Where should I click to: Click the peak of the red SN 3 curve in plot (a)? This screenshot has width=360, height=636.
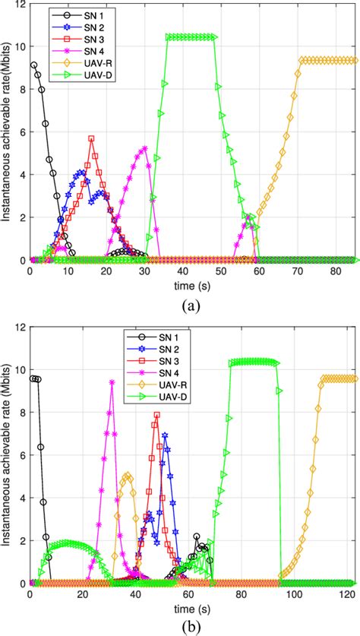pyautogui.click(x=91, y=138)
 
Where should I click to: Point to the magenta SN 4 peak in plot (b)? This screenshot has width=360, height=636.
pyautogui.click(x=112, y=382)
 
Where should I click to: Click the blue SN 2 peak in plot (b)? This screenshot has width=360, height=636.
pyautogui.click(x=165, y=435)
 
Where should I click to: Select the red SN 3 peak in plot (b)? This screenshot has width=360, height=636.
pyautogui.click(x=157, y=415)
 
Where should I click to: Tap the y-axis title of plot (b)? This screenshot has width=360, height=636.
pyautogui.click(x=7, y=454)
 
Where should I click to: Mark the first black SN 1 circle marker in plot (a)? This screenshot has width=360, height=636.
pyautogui.click(x=33, y=65)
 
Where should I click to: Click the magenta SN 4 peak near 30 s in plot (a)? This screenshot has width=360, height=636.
pyautogui.click(x=144, y=148)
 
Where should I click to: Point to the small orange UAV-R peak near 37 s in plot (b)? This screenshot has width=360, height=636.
pyautogui.click(x=128, y=476)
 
